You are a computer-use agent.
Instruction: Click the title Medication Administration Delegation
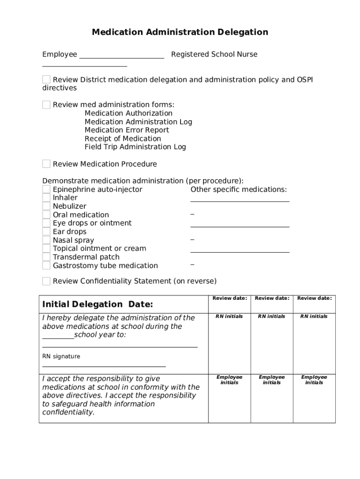coord(180,32)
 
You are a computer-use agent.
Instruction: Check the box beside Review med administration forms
coord(46,105)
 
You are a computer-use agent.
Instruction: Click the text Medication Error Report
coord(127,130)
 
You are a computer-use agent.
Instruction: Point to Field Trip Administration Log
coord(135,147)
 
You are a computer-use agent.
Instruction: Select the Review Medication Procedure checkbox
coord(46,164)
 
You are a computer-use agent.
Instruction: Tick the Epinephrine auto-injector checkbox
coord(46,189)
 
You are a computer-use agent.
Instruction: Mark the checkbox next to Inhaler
coord(46,198)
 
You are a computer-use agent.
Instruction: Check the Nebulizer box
coord(46,206)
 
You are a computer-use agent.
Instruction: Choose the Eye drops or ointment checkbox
coord(46,223)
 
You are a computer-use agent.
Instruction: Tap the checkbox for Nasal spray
coord(46,240)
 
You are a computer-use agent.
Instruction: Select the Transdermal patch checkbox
coord(46,257)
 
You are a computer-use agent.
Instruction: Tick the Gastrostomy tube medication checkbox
coord(46,266)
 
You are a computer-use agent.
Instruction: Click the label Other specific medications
coord(238,189)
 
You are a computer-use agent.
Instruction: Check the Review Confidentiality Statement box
coord(46,281)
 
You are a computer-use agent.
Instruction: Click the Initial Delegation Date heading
coord(98,305)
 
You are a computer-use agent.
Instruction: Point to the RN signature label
coord(61,356)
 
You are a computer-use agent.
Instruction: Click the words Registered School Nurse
coord(214,54)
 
